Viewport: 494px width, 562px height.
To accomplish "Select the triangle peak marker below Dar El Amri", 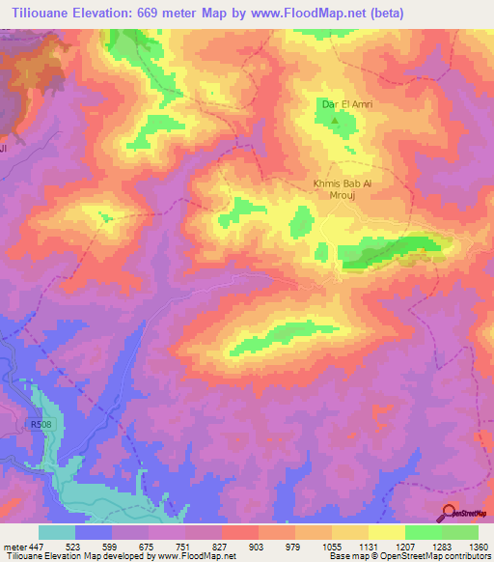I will click(336, 121).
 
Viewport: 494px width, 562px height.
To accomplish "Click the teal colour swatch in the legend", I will click(57, 532).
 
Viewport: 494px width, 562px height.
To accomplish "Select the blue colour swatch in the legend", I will click(94, 532).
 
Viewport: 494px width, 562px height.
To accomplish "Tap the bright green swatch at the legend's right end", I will click(460, 532).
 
